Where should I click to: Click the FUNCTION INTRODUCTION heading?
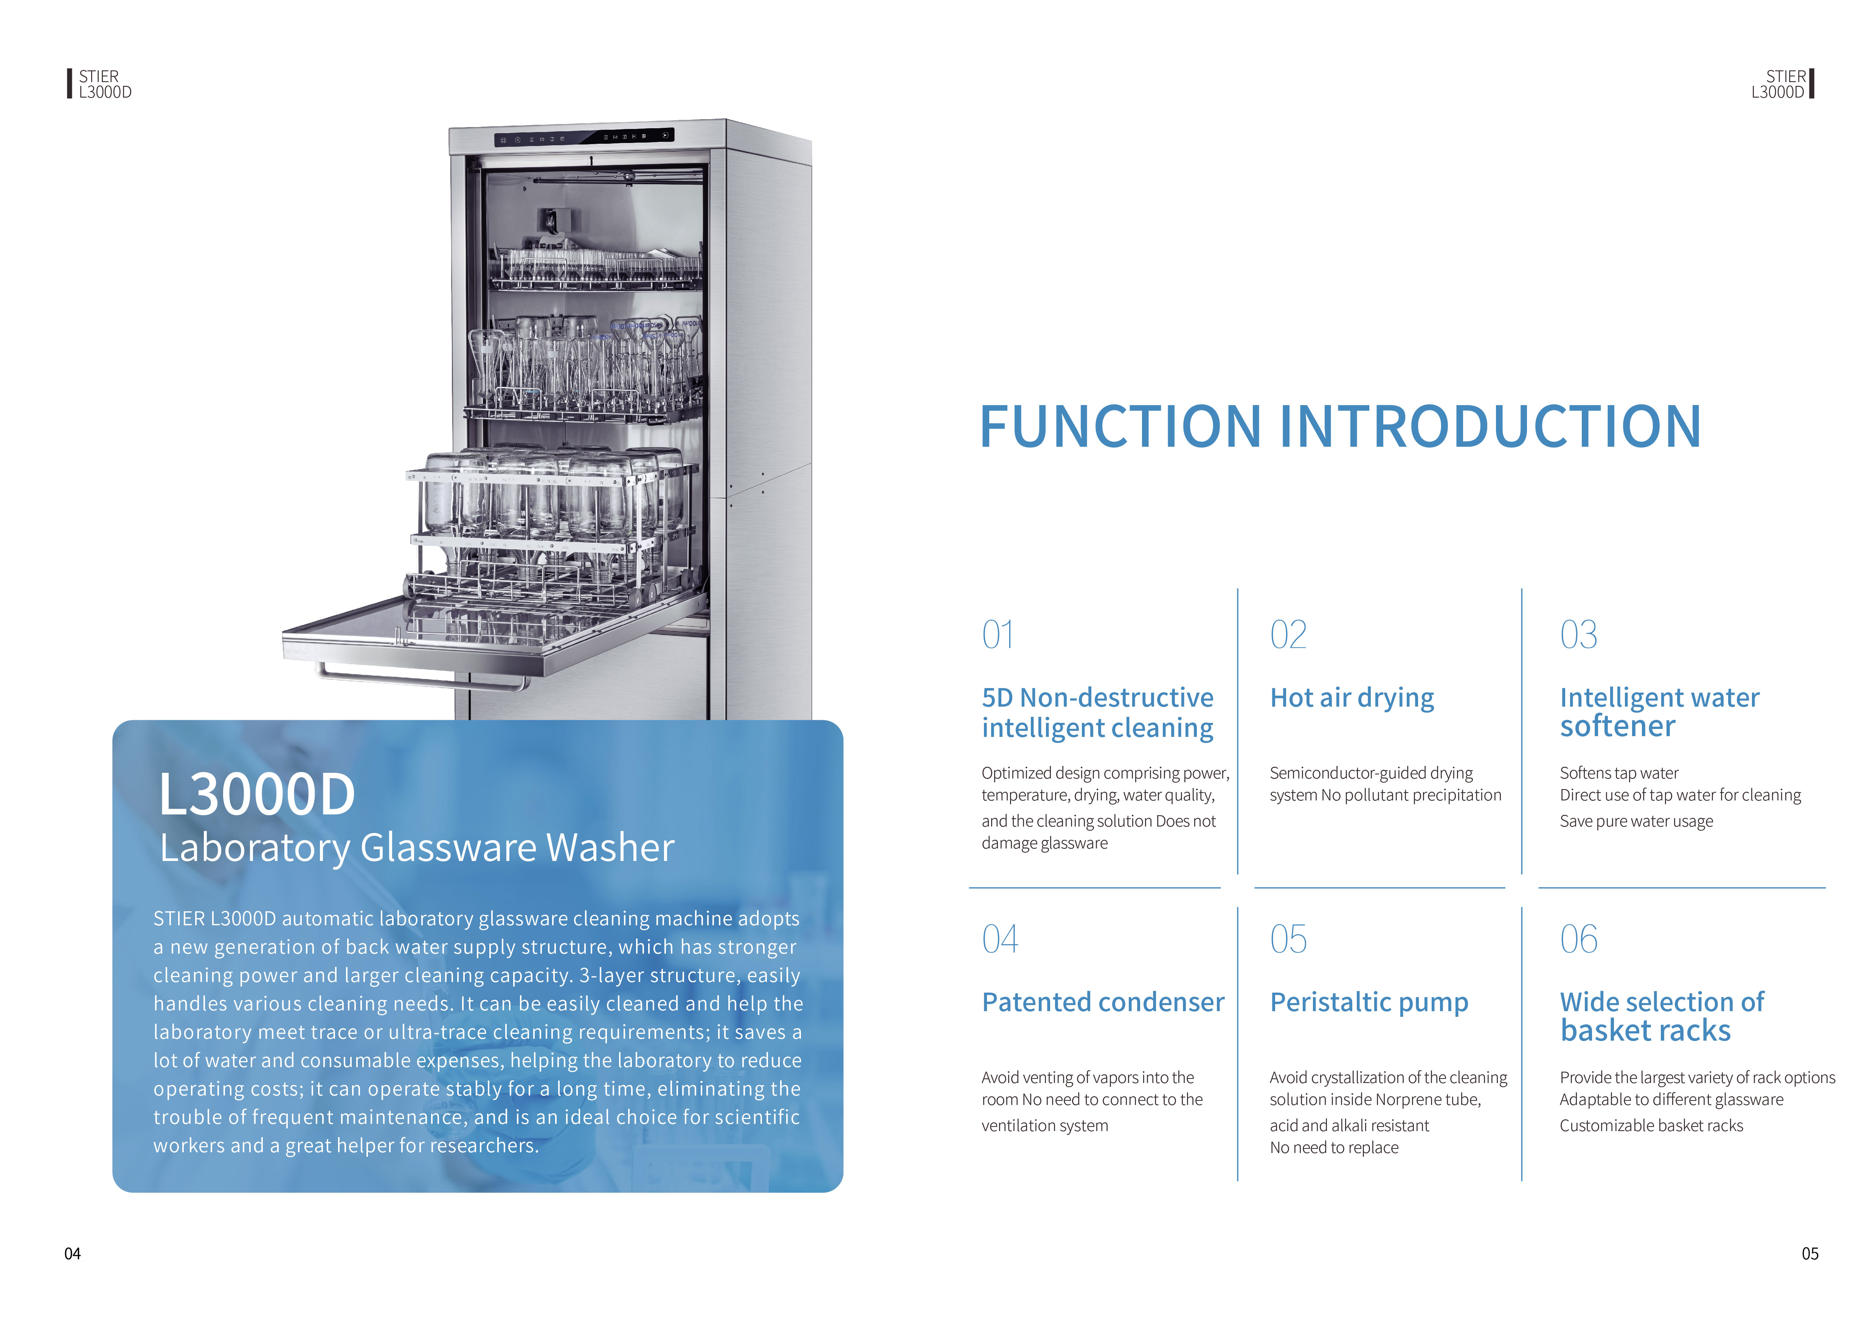1340,427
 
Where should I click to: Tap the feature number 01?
998,635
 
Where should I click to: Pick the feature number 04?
1000,939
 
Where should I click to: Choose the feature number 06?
1578,939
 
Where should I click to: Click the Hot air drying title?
1352,698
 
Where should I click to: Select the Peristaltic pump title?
1369,1002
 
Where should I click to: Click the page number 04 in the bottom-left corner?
73,1254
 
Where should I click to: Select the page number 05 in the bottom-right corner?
1810,1254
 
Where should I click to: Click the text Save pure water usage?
1636,821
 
